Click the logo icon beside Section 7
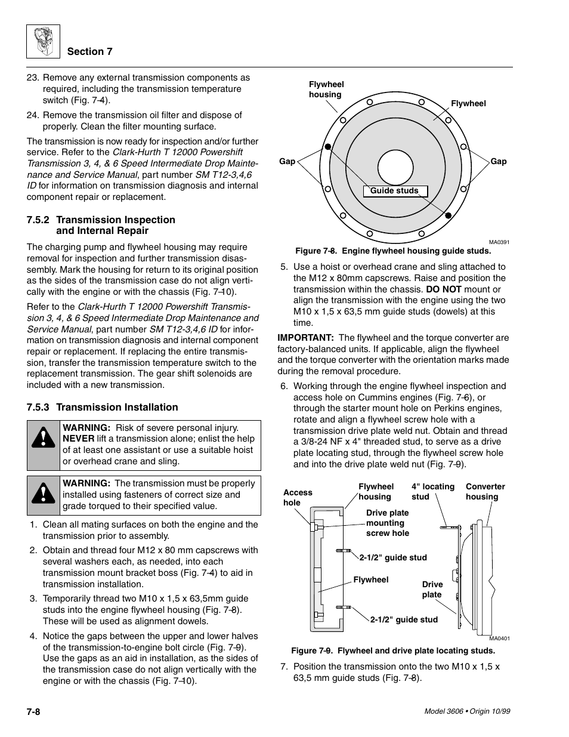pos(43,42)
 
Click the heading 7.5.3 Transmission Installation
pos(102,407)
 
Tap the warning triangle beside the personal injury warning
pos(44,439)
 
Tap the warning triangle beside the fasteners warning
pos(44,494)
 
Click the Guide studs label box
pos(394,191)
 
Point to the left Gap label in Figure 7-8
pos(287,161)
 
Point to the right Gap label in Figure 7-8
pos(498,161)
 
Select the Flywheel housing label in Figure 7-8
pos(326,90)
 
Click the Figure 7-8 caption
pos(393,251)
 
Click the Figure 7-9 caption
pos(393,650)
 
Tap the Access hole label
pos(297,497)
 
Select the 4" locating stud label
pos(432,491)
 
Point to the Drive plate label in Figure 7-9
pos(432,589)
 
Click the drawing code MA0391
pos(499,242)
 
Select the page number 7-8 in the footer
pos(33,712)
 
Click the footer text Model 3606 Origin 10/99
pos(467,712)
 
